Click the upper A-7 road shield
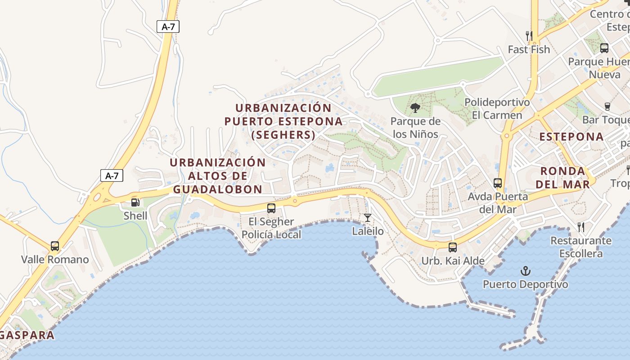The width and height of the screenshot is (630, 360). coord(168,27)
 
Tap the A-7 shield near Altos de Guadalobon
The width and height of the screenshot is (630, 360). coord(112,175)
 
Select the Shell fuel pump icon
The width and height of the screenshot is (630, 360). coord(135,202)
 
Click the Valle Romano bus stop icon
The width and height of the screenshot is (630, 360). coord(55,246)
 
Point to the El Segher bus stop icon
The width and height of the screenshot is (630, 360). coord(271,208)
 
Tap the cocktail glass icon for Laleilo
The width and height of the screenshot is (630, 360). coord(368,218)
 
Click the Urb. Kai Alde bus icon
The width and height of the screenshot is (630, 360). coord(453,247)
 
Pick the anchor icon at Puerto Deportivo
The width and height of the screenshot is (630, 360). coord(525,271)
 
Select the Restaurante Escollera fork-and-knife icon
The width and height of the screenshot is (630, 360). coord(581,227)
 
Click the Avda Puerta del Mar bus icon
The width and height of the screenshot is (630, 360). coord(498,183)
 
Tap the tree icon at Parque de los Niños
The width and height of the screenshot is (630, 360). coord(415,108)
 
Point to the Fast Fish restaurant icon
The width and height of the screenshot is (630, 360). coord(529,36)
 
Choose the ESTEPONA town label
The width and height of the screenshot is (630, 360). coord(571,137)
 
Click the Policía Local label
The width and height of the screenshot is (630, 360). coord(271,234)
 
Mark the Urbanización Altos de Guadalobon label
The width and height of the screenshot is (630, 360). coord(218,175)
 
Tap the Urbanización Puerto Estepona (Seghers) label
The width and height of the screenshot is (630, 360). coord(283,121)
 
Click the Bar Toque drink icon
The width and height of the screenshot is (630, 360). coord(607,107)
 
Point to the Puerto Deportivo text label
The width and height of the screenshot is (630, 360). coord(525,284)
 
